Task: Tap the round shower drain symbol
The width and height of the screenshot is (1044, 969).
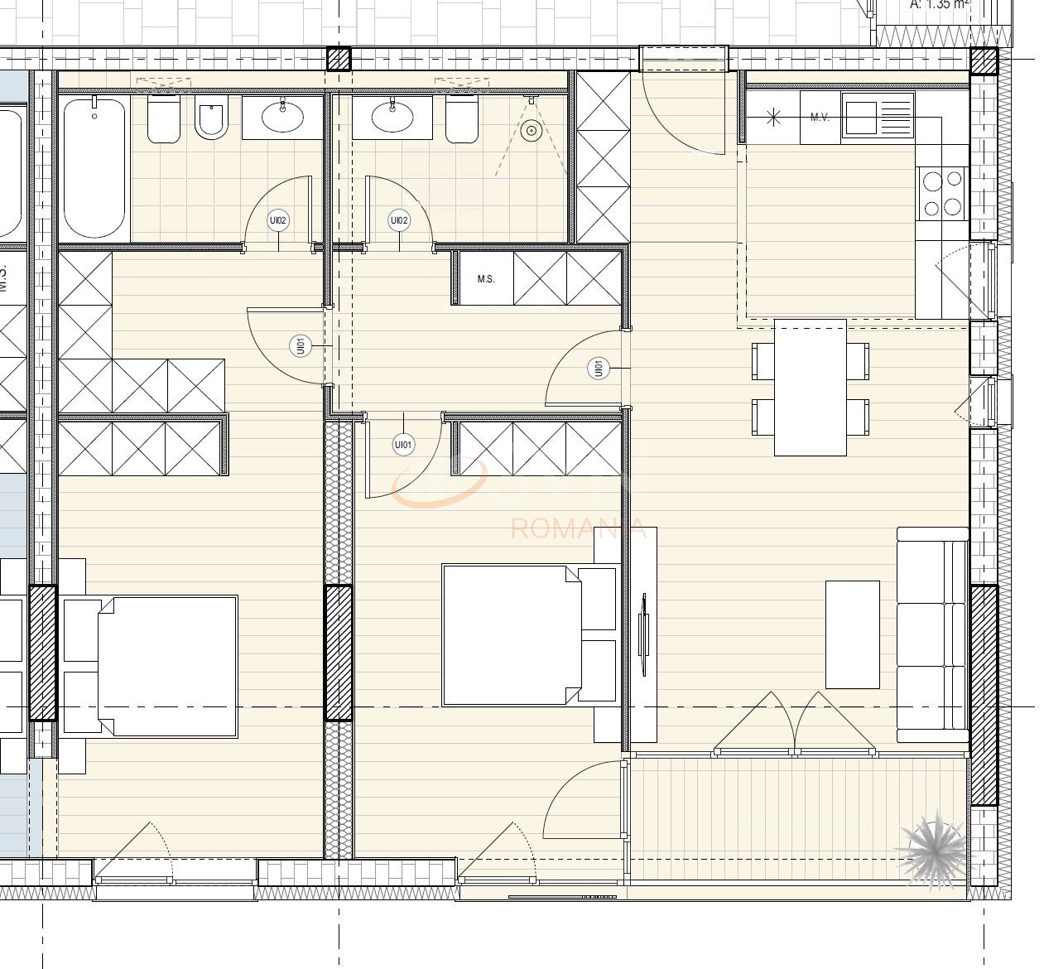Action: tap(532, 130)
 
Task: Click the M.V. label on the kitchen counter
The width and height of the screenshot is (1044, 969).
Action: tap(820, 118)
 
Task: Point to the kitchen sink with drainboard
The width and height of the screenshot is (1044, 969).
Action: tap(878, 115)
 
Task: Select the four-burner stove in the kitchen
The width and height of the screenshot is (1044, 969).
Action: tap(943, 193)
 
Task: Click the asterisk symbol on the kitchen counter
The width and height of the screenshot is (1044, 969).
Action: tap(773, 117)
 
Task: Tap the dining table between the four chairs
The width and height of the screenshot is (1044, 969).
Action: tap(811, 388)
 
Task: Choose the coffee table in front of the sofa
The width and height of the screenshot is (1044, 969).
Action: tap(852, 634)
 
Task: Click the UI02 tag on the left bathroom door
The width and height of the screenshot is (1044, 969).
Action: tap(278, 220)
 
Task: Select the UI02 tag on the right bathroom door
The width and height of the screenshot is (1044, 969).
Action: tap(399, 220)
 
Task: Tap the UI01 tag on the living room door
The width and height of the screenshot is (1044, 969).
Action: tap(598, 368)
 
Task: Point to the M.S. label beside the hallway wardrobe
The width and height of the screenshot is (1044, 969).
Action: tap(486, 279)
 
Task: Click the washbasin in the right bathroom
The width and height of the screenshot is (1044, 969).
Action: tap(392, 116)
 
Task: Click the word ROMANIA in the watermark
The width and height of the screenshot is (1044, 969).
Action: tap(578, 528)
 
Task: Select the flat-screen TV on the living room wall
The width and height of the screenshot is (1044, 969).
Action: tap(644, 635)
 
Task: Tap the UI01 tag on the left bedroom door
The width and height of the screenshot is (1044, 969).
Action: tap(301, 346)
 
